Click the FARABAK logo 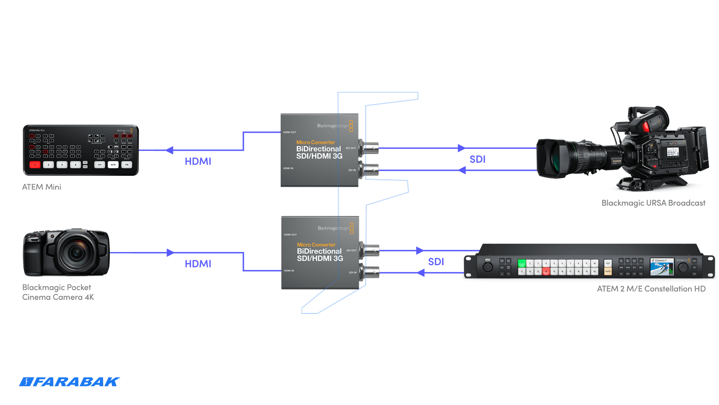(x=69, y=382)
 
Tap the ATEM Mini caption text (x=42, y=187)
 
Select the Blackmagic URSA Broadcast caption (x=653, y=203)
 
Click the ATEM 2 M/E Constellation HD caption (x=651, y=289)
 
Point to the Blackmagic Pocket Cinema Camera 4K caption (x=58, y=292)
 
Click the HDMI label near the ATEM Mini (x=198, y=161)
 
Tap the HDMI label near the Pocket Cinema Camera (x=198, y=264)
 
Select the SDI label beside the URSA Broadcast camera (x=477, y=159)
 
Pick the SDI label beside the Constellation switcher (x=436, y=262)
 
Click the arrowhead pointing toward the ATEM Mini (x=169, y=150)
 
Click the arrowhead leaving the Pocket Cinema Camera (x=170, y=253)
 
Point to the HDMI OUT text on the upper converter (x=289, y=132)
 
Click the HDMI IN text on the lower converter (x=289, y=270)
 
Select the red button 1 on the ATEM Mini (x=35, y=165)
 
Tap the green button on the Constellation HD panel (x=522, y=263)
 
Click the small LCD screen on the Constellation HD (x=661, y=267)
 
